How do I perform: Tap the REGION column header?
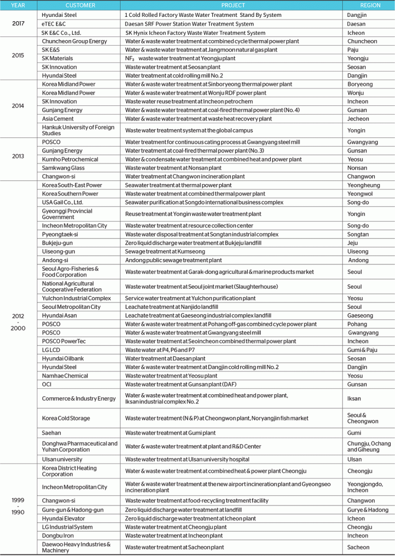[x=368, y=5]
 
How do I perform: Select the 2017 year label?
[x=17, y=24]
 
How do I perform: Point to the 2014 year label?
[x=17, y=106]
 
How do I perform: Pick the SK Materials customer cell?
[x=58, y=58]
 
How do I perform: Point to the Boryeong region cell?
[x=360, y=84]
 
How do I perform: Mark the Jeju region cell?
[x=353, y=243]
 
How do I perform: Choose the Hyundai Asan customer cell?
[x=60, y=315]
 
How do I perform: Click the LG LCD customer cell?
[x=52, y=350]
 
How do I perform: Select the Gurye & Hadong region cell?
[x=368, y=510]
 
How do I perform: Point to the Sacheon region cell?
[x=359, y=547]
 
